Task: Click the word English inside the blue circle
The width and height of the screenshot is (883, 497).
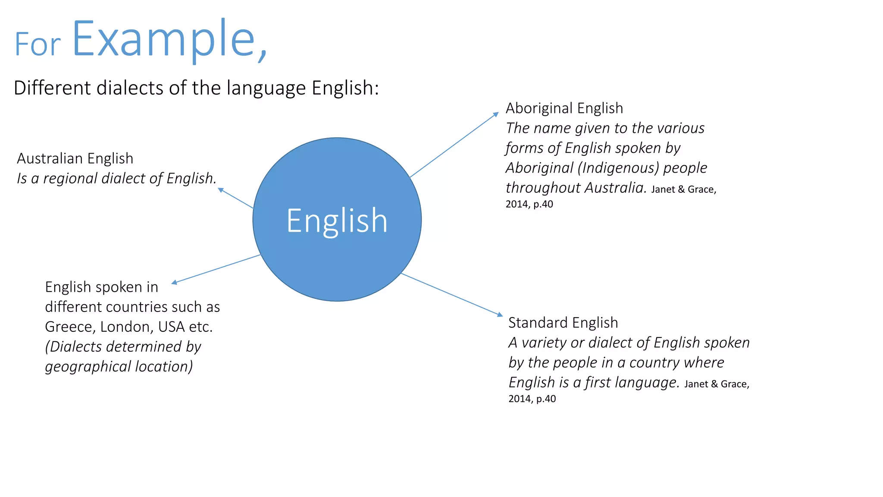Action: [x=337, y=221]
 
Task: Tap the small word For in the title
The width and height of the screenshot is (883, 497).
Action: [x=38, y=44]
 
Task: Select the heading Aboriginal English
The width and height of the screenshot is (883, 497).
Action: [x=564, y=108]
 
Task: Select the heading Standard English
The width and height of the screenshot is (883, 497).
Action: [x=563, y=323]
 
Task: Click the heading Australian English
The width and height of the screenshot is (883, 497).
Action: [x=75, y=158]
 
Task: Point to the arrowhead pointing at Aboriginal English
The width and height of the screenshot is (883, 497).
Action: [x=496, y=114]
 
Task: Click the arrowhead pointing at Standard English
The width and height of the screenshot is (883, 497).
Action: [x=500, y=315]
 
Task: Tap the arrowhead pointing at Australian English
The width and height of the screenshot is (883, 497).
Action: [x=220, y=190]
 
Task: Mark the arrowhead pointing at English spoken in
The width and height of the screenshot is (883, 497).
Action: [x=174, y=283]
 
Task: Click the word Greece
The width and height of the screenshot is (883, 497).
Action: [x=70, y=327]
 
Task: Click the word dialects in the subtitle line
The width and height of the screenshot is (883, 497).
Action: [x=130, y=88]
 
